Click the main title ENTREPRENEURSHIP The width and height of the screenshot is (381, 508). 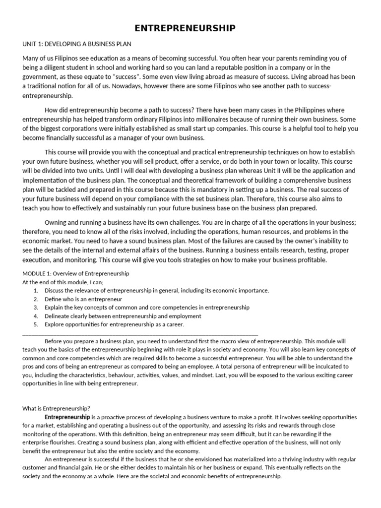[190, 29]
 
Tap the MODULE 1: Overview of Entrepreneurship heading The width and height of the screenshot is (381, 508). [76, 273]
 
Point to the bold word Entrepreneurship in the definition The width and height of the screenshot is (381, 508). [67, 417]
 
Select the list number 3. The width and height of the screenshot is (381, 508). [36, 308]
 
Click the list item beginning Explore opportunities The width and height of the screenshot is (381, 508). [114, 324]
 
